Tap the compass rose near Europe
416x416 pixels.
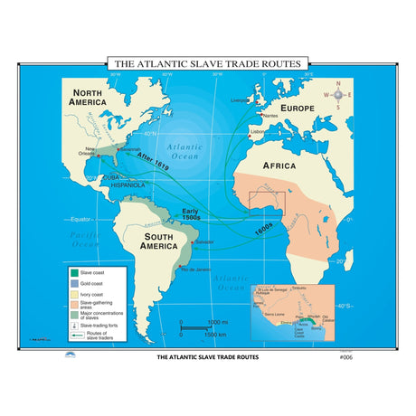[x=338, y=93]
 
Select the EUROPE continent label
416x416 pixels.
[x=298, y=108]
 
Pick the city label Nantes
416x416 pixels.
[x=268, y=116]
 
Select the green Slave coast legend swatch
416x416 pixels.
[x=72, y=271]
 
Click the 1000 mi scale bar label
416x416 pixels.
[x=217, y=322]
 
